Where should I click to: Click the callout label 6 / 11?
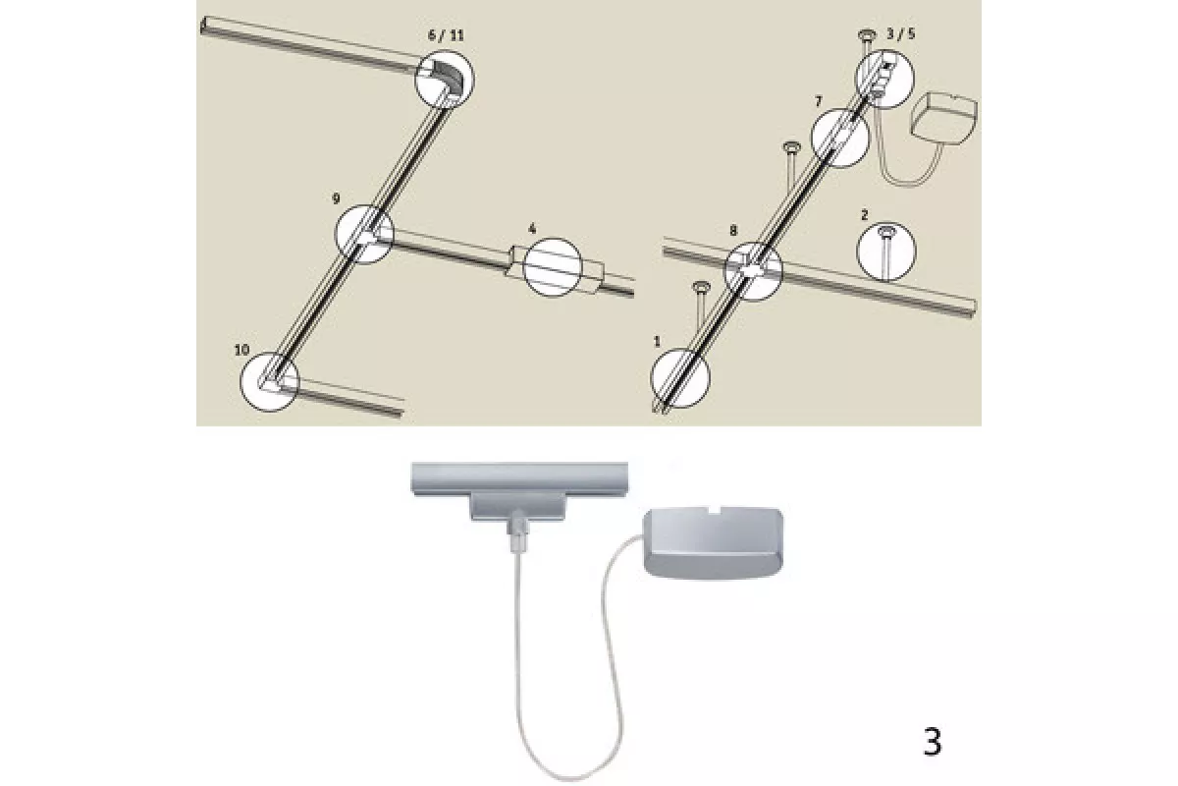pos(446,35)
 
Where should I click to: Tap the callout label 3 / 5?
pos(901,33)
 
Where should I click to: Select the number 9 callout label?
pos(336,198)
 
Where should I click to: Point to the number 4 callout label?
pos(532,229)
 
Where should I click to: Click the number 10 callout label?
pos(241,350)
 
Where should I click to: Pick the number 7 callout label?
pos(819,101)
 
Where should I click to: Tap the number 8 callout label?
pos(733,230)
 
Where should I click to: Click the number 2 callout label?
pos(865,214)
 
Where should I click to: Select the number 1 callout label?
pos(657,342)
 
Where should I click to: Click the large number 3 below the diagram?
pos(933,742)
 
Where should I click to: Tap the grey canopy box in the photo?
pos(714,543)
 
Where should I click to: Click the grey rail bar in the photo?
pos(519,479)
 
